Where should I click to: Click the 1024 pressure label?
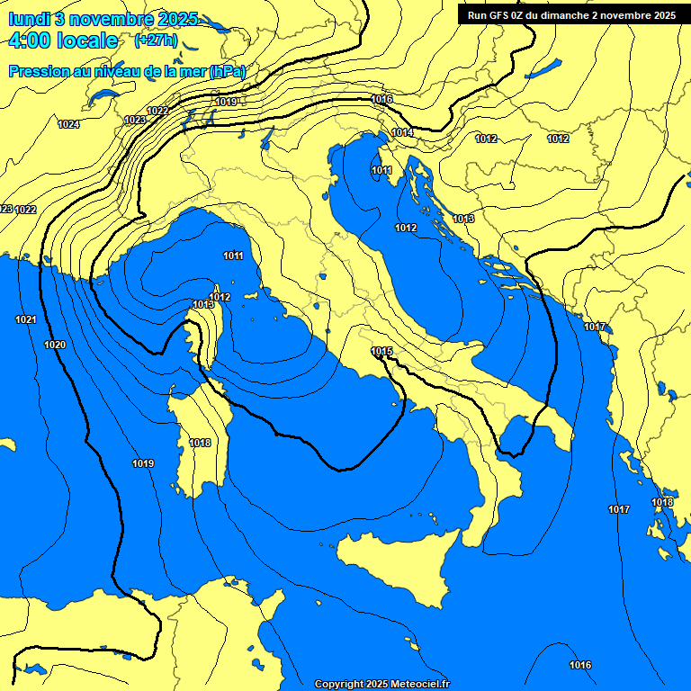click(x=68, y=124)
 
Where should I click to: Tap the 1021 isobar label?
click(x=25, y=319)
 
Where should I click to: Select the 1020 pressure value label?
click(x=55, y=345)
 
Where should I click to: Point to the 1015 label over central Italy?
click(x=381, y=351)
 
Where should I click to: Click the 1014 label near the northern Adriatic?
click(x=402, y=132)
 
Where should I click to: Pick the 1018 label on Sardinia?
click(x=200, y=443)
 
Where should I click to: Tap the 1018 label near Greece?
click(x=662, y=502)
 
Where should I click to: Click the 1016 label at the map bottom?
click(x=580, y=665)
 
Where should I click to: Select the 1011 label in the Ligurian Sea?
click(x=233, y=256)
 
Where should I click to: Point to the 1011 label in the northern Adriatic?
click(x=381, y=170)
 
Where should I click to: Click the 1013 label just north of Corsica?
click(x=203, y=305)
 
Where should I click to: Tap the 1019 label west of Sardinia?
click(x=142, y=463)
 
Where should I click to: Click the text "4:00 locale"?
click(x=62, y=40)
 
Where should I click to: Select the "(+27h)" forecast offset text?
click(x=155, y=40)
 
